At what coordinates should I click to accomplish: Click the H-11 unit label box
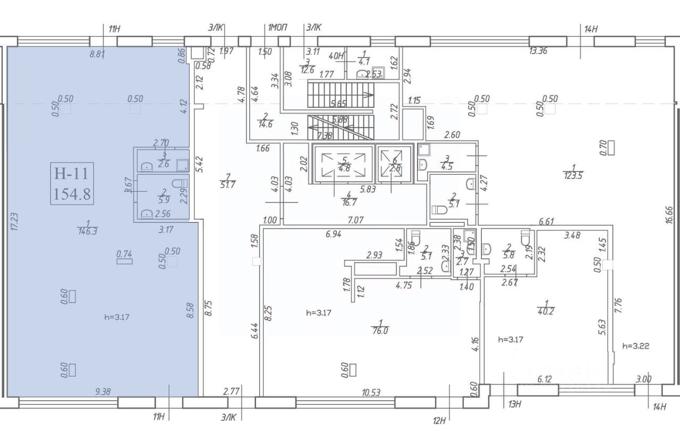click(x=72, y=183)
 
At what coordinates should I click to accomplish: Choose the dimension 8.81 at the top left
click(x=98, y=53)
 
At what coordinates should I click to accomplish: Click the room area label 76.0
click(x=380, y=329)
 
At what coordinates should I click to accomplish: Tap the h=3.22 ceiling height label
click(x=635, y=345)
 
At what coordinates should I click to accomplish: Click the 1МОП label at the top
click(x=276, y=28)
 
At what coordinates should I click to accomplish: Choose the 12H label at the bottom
click(x=439, y=421)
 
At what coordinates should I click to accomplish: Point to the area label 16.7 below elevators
click(x=347, y=201)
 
